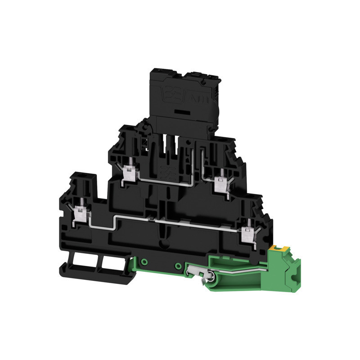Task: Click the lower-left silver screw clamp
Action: (x=81, y=209)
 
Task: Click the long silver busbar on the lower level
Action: (x=171, y=220)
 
